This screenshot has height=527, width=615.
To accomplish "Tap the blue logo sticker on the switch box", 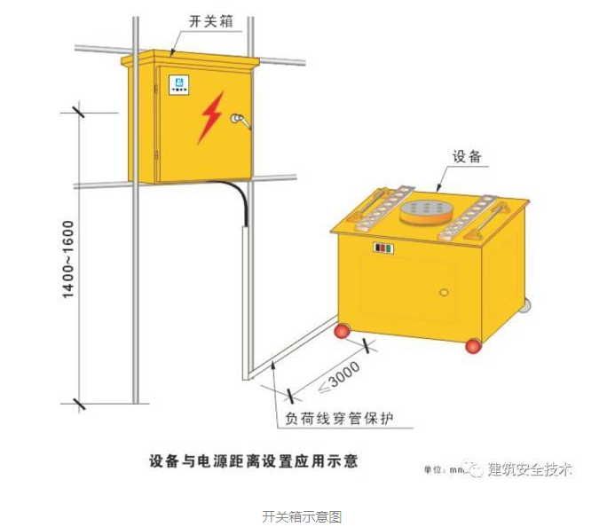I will (178, 86).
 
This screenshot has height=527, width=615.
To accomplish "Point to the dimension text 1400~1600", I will (69, 258).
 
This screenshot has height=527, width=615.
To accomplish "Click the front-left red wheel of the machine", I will (341, 332).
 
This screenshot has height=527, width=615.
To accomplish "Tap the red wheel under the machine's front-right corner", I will (473, 345).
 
